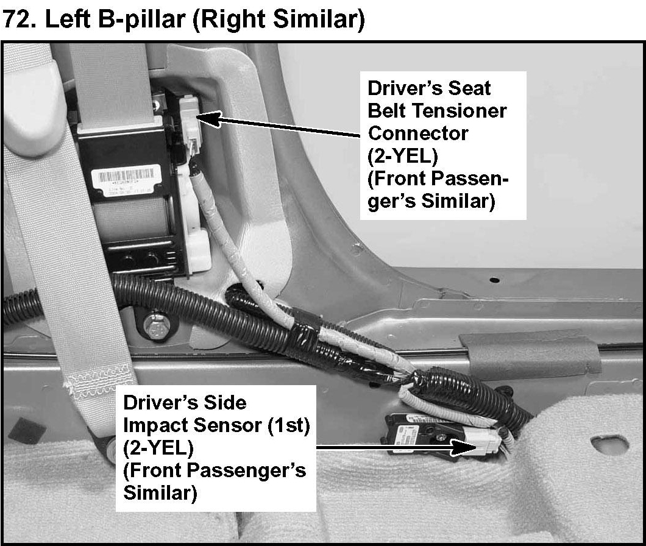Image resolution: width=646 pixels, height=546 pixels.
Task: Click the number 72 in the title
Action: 16,19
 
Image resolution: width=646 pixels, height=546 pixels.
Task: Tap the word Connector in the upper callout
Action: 418,133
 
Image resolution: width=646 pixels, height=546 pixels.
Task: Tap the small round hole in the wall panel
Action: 494,280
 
